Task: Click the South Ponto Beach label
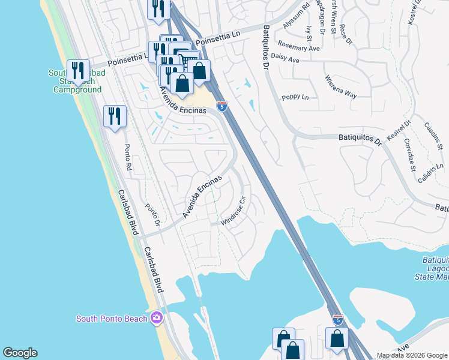(111, 318)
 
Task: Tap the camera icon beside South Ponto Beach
(157, 317)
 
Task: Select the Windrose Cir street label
(234, 211)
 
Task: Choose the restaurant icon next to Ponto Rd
(115, 115)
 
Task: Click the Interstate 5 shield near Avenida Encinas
(222, 106)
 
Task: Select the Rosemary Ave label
(298, 47)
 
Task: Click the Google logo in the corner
(20, 353)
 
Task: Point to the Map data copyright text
(412, 355)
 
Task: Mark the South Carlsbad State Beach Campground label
(77, 81)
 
